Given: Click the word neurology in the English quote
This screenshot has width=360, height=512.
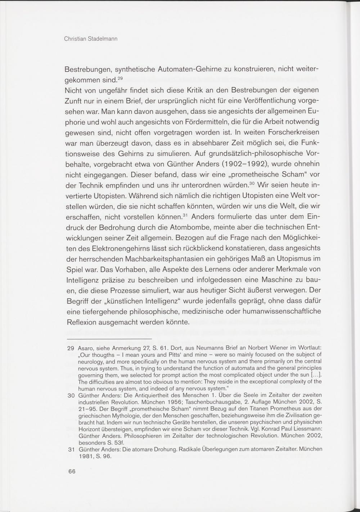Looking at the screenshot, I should (x=91, y=362).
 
